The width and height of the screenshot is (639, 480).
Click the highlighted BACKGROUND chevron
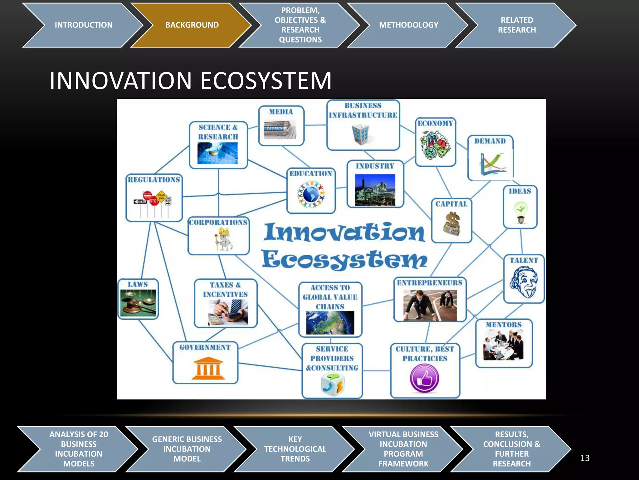(x=192, y=25)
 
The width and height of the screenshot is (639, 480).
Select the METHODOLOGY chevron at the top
(x=408, y=25)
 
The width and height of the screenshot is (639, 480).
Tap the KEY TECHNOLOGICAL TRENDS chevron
(x=295, y=449)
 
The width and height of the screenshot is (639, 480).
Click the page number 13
(x=584, y=458)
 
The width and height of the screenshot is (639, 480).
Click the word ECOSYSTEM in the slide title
(x=266, y=81)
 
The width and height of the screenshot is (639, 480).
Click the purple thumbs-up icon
(x=424, y=379)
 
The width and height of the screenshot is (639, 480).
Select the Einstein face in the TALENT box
(x=524, y=282)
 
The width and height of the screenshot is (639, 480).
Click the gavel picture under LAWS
(x=138, y=302)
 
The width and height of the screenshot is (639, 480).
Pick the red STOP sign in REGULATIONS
(x=154, y=201)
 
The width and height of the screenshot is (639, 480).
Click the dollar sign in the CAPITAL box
(x=452, y=223)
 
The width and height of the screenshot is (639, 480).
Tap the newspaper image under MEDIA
(x=280, y=129)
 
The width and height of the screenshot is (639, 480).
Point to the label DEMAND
(x=490, y=141)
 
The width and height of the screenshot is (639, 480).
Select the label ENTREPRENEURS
(x=430, y=283)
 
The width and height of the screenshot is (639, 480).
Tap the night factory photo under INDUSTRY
(x=375, y=190)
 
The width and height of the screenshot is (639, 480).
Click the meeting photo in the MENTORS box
(x=503, y=346)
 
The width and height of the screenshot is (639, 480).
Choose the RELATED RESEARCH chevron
(x=516, y=25)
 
